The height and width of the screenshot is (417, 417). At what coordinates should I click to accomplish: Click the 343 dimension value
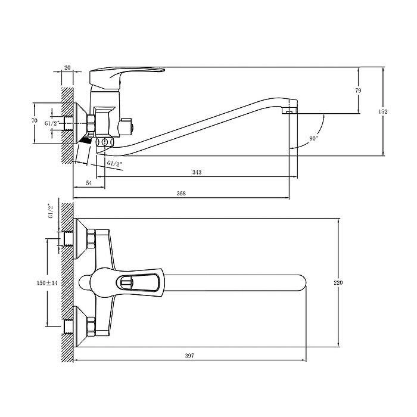pos(197,172)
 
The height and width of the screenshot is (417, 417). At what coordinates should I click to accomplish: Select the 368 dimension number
pos(181,194)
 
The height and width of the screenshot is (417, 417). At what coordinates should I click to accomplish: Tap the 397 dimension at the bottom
pos(189,356)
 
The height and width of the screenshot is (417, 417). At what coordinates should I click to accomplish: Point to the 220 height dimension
pos(338,283)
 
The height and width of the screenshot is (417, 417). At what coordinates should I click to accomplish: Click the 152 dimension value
pos(383,112)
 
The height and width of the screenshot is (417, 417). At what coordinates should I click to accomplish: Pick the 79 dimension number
pos(358,91)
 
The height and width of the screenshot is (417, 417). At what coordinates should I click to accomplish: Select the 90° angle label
pos(313,139)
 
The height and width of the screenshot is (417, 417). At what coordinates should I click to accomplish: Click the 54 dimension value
pos(89,183)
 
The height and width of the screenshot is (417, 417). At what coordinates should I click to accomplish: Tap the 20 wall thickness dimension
pos(67,67)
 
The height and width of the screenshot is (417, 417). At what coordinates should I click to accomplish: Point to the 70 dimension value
pos(35,121)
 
